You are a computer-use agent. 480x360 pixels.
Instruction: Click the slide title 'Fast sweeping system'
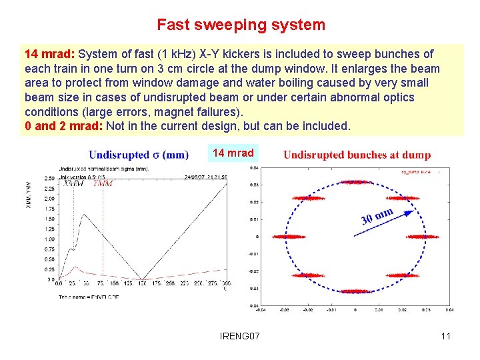(241, 25)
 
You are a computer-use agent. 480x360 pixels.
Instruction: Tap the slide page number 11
(445, 336)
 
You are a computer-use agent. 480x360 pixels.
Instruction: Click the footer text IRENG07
(239, 336)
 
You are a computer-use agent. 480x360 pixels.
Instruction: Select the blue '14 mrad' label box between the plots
(233, 153)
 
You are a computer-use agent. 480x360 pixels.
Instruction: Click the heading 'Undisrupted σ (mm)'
(138, 155)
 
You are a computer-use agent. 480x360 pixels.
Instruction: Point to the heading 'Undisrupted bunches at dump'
(357, 155)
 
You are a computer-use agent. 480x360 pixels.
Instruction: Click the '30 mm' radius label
(377, 216)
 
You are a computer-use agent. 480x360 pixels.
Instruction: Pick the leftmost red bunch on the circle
(288, 237)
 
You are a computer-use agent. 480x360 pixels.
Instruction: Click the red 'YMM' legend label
(103, 183)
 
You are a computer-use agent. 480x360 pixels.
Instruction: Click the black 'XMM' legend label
(73, 183)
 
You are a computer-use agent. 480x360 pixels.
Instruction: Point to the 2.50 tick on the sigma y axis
(49, 178)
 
